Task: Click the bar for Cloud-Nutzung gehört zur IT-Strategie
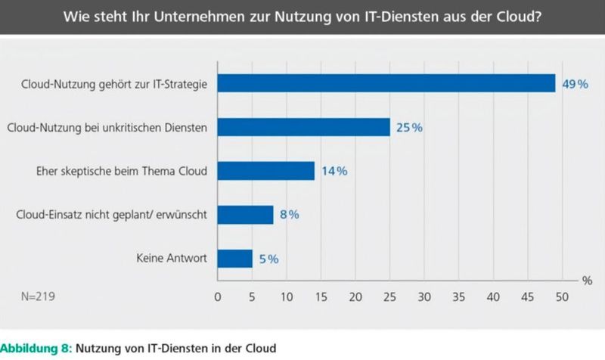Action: (x=386, y=83)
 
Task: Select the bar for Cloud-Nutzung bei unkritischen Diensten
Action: (x=303, y=127)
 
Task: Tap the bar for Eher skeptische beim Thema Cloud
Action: (x=265, y=171)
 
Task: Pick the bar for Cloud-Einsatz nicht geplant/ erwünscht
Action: (x=245, y=215)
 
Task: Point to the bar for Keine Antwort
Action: (x=234, y=259)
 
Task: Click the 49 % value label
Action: (x=574, y=83)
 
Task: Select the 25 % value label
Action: (x=408, y=127)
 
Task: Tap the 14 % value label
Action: (x=333, y=171)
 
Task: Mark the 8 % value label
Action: (x=288, y=215)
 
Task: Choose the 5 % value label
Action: (x=268, y=259)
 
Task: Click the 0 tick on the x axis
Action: (x=218, y=298)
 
